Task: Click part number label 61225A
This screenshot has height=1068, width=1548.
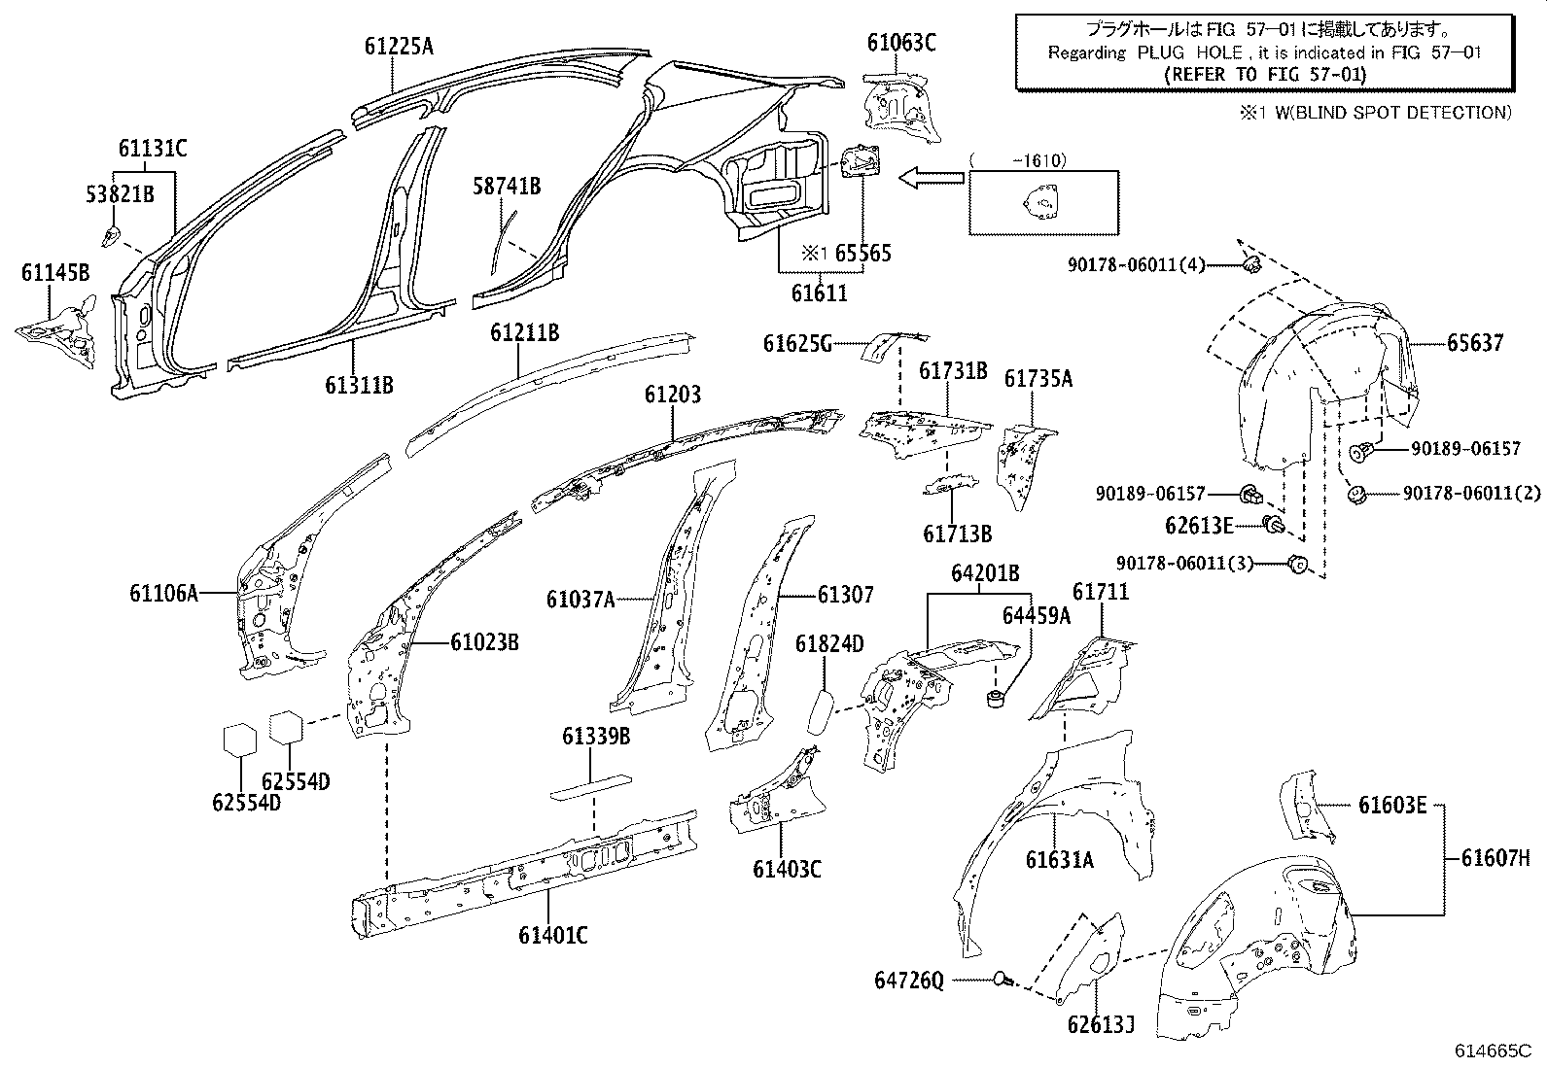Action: (399, 46)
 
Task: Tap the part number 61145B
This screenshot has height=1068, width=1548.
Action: (55, 273)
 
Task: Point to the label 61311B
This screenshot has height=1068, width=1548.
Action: (359, 385)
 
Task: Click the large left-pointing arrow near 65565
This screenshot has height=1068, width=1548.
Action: (931, 178)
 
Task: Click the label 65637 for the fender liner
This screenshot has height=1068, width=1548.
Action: (1474, 342)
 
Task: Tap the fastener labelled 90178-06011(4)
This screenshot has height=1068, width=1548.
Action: (1252, 262)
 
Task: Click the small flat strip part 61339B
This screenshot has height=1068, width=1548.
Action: (591, 785)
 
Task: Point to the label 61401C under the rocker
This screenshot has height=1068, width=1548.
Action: (552, 935)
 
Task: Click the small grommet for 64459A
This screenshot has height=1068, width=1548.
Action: (997, 698)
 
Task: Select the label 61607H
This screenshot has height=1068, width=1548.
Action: (1495, 857)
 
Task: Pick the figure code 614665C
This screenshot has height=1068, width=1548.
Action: (1494, 1051)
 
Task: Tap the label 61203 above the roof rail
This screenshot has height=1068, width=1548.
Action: (672, 395)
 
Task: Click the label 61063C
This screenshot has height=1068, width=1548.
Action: (901, 42)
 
